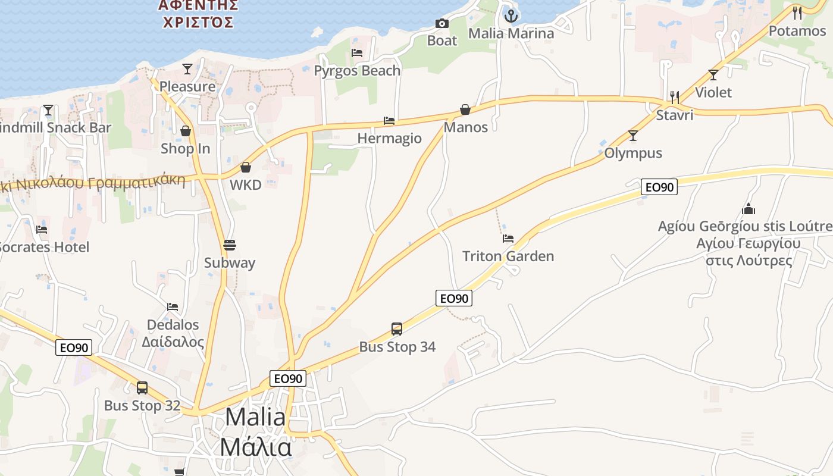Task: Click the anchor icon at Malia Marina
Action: coord(511,16)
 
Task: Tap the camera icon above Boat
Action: coord(442,23)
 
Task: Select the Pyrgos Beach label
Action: coord(357,70)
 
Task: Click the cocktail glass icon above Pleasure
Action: coord(187,69)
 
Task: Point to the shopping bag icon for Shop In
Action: coord(186,131)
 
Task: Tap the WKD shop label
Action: coord(246,184)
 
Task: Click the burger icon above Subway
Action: coord(230,245)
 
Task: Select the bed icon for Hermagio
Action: coord(389,121)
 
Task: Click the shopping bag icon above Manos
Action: coord(465,109)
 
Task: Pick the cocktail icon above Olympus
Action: coord(633,136)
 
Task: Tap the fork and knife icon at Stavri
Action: coord(675,96)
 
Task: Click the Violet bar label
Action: coord(713,92)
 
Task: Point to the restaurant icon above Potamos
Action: coord(797,12)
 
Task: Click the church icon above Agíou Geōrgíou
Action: coord(749,209)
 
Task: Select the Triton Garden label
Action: coord(508,256)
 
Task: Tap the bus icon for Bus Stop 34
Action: coord(397,328)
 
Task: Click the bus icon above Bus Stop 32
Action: coord(142,388)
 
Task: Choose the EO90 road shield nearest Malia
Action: coord(288,378)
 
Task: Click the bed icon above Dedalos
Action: coord(173,307)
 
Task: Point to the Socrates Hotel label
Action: coord(44,247)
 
